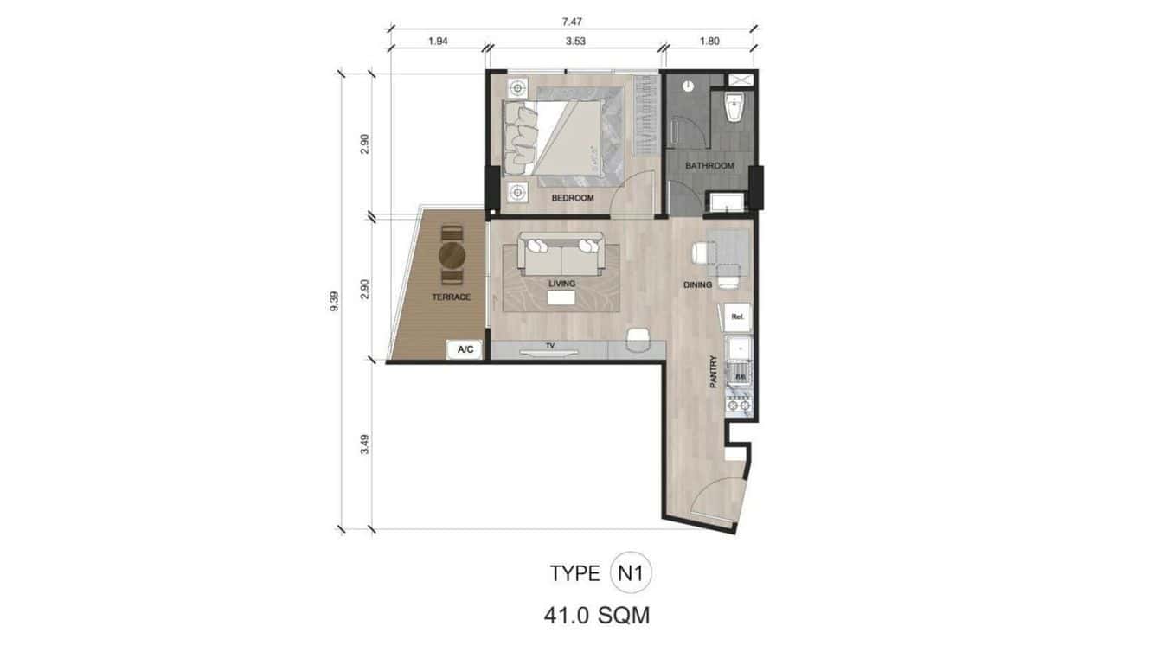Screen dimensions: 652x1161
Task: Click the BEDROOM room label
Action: point(573,198)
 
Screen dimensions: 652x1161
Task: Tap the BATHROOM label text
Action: point(709,165)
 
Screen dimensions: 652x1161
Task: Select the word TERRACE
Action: point(452,297)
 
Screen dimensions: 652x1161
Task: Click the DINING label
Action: point(697,284)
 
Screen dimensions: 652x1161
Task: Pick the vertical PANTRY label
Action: point(714,372)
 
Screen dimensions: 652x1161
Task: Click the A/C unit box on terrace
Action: point(465,349)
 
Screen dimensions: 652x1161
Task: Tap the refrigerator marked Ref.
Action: point(738,317)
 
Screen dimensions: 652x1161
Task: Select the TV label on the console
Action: point(549,346)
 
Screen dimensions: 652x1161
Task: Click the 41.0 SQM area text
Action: point(597,616)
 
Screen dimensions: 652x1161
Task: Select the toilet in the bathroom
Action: point(736,111)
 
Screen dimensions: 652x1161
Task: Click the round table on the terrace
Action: point(452,255)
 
